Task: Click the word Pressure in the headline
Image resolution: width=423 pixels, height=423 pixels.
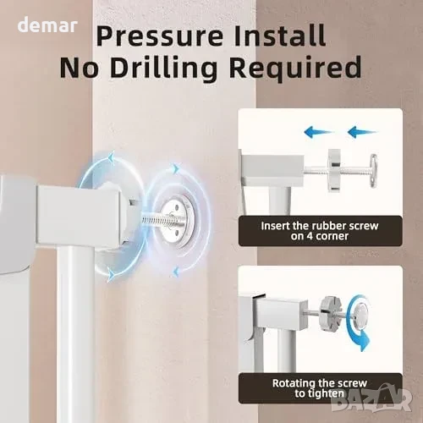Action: tap(160, 36)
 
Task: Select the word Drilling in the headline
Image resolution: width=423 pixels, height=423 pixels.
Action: tap(163, 68)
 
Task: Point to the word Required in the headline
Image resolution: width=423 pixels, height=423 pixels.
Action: tap(295, 69)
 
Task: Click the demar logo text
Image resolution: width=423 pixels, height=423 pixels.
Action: tap(47, 25)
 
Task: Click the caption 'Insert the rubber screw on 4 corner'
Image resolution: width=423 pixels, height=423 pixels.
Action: tap(320, 231)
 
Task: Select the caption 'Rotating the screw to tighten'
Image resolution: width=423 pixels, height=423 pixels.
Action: tap(320, 388)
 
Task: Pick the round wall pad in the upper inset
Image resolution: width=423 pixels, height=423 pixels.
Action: tap(373, 170)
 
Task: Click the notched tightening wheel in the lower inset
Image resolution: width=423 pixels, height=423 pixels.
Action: tap(331, 312)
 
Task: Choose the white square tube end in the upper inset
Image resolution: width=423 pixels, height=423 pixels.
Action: tap(273, 168)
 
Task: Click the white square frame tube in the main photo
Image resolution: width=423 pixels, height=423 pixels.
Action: tap(80, 214)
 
